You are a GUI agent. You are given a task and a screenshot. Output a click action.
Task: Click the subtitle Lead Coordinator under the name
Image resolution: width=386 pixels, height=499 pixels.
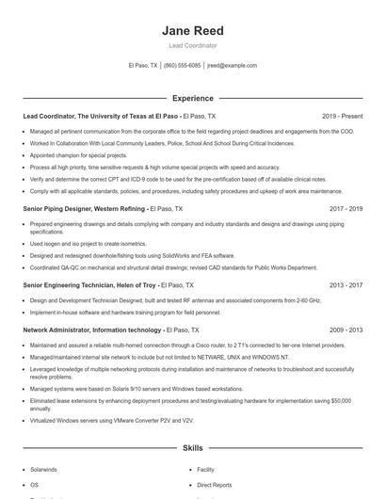pos(192,44)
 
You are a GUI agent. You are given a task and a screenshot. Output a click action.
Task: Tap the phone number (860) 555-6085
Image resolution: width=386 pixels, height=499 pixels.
pos(182,66)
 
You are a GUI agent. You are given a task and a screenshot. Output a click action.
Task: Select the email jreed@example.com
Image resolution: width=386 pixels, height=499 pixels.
pos(232,66)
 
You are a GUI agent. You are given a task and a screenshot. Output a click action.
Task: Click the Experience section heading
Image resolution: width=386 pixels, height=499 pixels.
pos(192,98)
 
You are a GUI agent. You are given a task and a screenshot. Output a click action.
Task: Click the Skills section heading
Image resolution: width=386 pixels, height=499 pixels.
pos(192,450)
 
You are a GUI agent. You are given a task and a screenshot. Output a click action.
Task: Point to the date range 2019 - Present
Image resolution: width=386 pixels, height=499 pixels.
pos(342,116)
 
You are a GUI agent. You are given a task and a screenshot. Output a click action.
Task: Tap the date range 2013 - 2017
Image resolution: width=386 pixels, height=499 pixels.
pos(346,284)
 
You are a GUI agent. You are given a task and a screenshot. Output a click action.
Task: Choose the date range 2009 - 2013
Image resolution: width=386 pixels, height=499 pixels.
pos(346,330)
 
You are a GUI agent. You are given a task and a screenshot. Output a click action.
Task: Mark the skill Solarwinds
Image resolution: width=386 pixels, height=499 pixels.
pos(44,469)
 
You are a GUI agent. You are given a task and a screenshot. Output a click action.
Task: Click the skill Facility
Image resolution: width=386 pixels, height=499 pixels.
pos(205,469)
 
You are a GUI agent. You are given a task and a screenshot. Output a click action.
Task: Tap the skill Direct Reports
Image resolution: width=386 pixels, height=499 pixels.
pos(214,484)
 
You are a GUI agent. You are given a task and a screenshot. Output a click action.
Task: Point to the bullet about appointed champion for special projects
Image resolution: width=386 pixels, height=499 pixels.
pos(78,154)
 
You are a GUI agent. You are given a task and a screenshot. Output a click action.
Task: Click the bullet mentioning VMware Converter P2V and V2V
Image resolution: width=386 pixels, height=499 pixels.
pos(111,421)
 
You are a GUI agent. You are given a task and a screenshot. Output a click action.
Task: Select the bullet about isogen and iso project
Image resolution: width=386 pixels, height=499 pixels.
pos(92,244)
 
